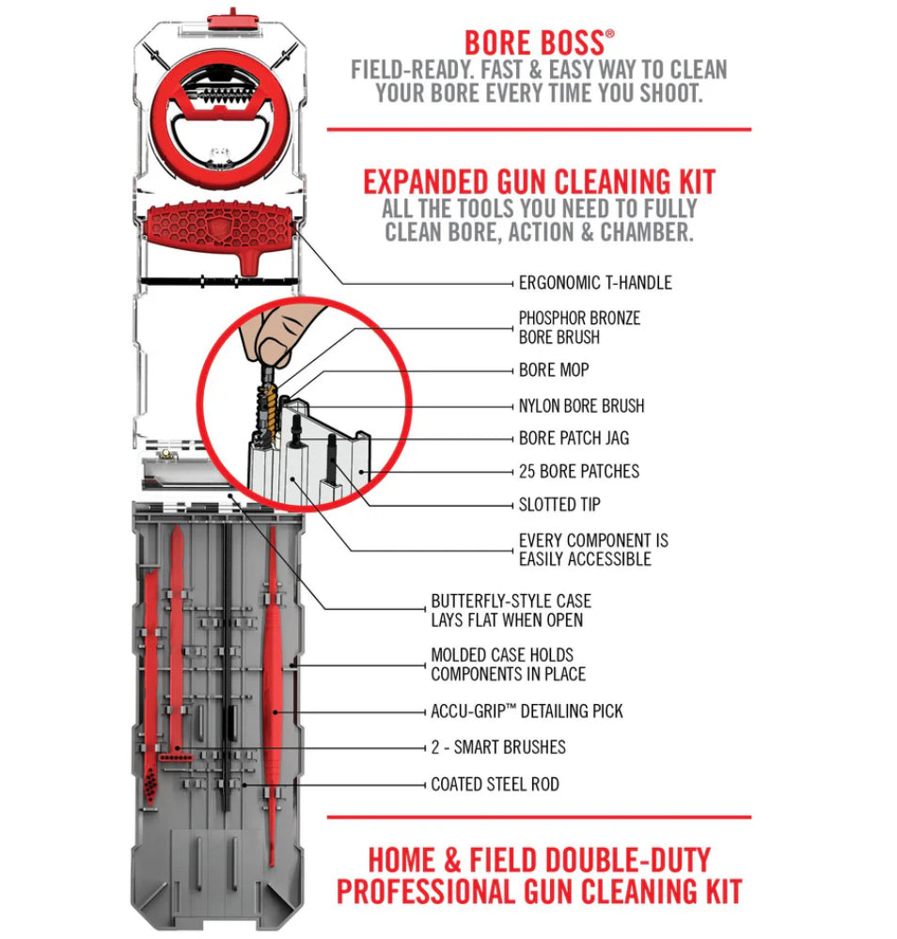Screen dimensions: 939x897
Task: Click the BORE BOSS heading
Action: [x=539, y=43]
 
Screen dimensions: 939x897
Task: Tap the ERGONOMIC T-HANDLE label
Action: [x=595, y=282]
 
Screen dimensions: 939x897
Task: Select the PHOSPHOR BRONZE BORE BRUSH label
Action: [x=578, y=327]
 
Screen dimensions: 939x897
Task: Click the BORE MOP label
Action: [x=553, y=370]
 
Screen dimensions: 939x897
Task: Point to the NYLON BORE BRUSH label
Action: [x=581, y=406]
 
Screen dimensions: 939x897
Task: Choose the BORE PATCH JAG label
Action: [x=574, y=438]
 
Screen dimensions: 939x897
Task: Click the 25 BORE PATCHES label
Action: [x=578, y=471]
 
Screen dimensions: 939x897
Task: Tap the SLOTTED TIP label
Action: [x=559, y=505]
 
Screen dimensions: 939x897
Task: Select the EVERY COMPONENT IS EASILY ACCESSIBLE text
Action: [x=593, y=550]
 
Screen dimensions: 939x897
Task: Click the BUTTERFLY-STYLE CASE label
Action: [x=511, y=610]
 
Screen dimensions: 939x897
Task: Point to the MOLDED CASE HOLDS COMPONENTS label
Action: [x=508, y=664]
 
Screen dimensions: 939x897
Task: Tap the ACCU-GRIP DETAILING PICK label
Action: [x=527, y=712]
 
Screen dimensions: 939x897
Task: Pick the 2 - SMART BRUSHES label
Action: [x=498, y=747]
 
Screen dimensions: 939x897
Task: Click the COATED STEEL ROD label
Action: [x=495, y=783]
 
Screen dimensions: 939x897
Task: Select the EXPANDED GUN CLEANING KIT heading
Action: [x=539, y=181]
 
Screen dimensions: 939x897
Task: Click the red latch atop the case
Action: [x=223, y=16]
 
